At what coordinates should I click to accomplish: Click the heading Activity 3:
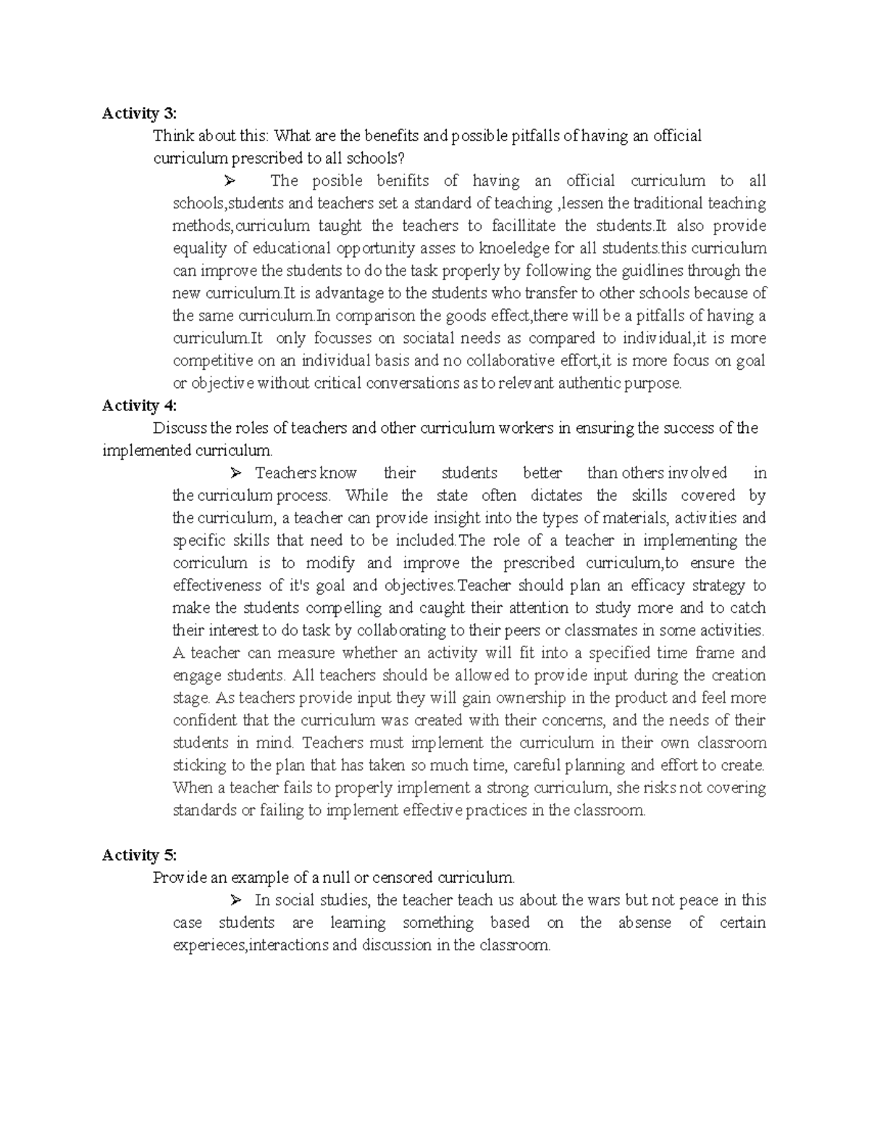pos(139,113)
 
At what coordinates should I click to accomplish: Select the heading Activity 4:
pos(139,405)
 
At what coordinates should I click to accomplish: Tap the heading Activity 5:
pos(139,855)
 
